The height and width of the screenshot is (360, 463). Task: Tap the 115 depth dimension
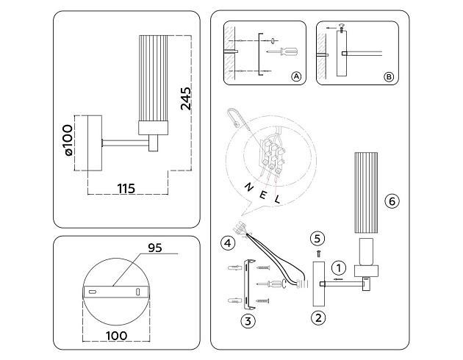[126, 189]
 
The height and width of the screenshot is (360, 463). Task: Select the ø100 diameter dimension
[68, 143]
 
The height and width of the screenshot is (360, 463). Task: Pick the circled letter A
[296, 76]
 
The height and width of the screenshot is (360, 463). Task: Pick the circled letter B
[389, 76]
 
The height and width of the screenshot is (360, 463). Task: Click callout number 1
[338, 267]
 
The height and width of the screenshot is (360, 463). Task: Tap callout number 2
[317, 318]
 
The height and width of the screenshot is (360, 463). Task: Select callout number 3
[248, 320]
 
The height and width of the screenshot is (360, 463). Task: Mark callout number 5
[317, 237]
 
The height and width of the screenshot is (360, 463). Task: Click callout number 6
[392, 201]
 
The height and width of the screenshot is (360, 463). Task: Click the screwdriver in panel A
[282, 51]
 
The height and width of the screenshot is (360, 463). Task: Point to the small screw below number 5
[317, 252]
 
